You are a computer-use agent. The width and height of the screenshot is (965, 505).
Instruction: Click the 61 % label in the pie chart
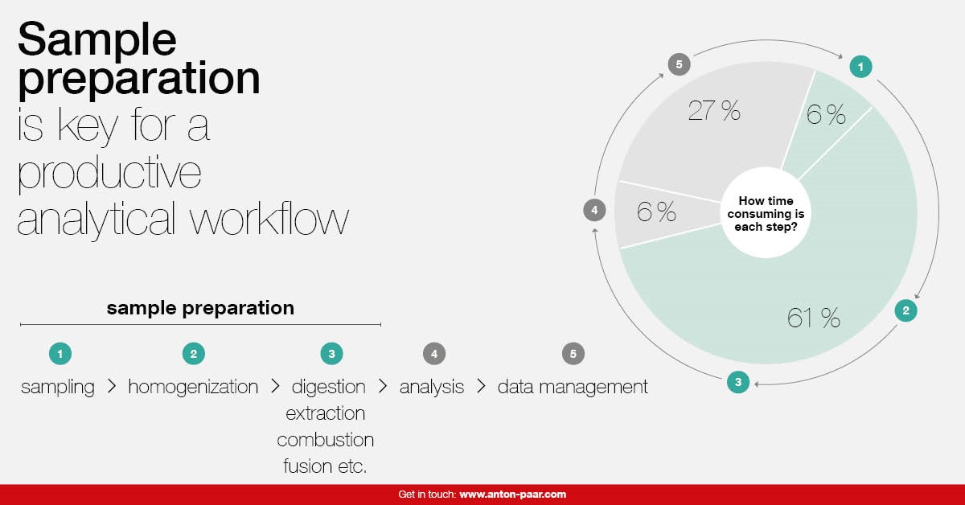[813, 318]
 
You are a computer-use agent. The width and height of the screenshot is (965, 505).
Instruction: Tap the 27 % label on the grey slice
[714, 110]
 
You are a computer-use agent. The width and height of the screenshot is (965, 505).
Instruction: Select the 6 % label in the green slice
[826, 115]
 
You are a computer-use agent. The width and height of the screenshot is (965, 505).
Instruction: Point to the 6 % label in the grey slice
[656, 211]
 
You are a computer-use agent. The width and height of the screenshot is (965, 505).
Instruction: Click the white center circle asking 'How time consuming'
[766, 213]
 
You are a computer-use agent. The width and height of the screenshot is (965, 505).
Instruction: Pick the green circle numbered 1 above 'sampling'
[60, 354]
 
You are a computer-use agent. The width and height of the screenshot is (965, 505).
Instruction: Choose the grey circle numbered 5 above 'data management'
[573, 354]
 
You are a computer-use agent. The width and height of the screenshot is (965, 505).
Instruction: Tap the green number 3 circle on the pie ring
[738, 382]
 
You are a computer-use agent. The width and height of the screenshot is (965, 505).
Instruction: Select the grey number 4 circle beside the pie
[594, 210]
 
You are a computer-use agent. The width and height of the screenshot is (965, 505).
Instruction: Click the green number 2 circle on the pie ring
[905, 310]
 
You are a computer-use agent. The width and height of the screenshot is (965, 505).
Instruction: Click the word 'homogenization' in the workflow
[193, 387]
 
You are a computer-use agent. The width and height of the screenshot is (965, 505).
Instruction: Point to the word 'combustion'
[325, 440]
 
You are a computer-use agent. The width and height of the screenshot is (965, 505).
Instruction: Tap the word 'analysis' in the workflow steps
[432, 387]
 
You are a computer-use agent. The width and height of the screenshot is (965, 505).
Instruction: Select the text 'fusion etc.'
[325, 466]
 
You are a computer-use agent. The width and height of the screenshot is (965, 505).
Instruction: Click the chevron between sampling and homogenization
[112, 386]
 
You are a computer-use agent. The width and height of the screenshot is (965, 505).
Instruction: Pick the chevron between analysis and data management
[481, 386]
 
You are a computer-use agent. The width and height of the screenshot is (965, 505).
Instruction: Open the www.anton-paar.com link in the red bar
[513, 495]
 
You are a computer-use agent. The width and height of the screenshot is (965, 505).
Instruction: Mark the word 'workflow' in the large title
[269, 220]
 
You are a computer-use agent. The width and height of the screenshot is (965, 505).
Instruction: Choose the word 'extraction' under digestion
[325, 413]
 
